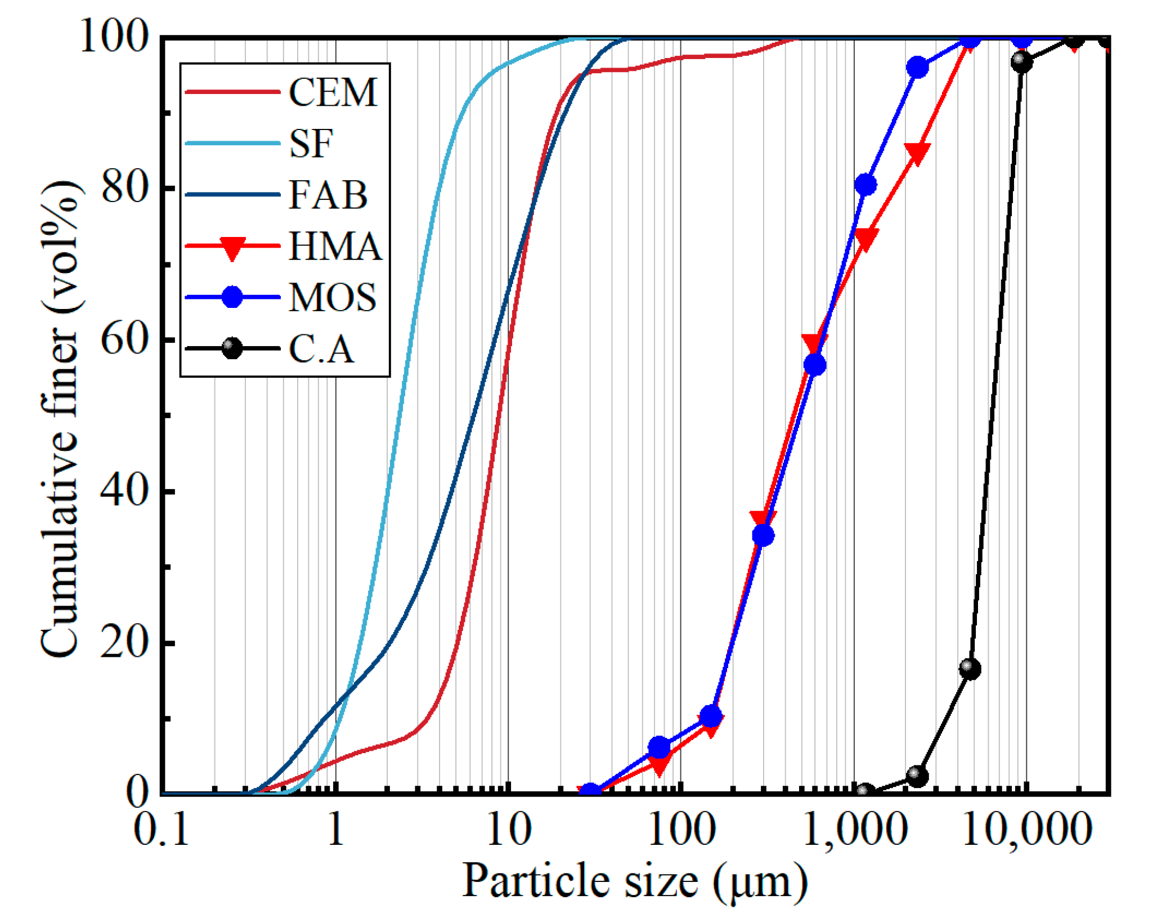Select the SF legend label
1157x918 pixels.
(x=311, y=143)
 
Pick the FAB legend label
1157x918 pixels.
(x=328, y=195)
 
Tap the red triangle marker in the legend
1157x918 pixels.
(x=232, y=248)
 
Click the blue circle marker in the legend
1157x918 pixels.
(x=232, y=297)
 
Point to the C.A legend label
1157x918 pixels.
(x=321, y=348)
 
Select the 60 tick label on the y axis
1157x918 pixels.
(x=124, y=339)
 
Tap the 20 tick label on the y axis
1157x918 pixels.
(x=124, y=642)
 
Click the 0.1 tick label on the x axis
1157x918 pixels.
(x=161, y=830)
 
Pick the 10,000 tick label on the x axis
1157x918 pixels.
(x=1026, y=830)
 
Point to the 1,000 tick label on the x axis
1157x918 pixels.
(x=854, y=830)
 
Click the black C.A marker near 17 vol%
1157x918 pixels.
(x=969, y=668)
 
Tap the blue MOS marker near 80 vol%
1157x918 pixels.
(x=865, y=185)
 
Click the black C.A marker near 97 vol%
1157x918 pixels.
(x=1021, y=61)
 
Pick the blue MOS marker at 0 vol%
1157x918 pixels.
(x=590, y=792)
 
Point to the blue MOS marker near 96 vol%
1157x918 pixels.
(x=917, y=68)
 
